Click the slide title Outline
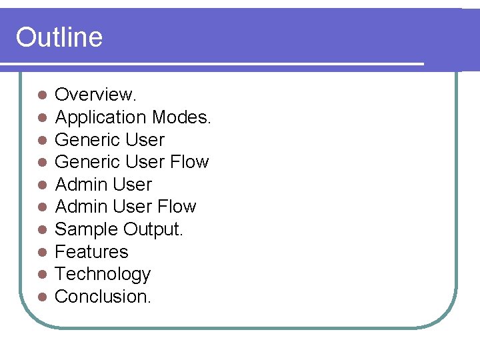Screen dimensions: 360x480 coord(59,37)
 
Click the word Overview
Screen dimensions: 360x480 coord(95,95)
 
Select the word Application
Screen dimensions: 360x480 coord(101,117)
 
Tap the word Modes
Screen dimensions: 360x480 coord(181,117)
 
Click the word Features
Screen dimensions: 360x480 coord(91,252)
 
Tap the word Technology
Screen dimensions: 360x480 coord(103,274)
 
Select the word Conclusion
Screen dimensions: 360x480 coord(103,297)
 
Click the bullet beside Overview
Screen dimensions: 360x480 coord(42,95)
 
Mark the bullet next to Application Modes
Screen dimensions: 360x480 coord(42,118)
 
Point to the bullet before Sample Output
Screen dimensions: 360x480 coord(42,230)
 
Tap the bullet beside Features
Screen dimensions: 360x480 coord(42,253)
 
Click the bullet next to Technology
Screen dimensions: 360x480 coord(42,275)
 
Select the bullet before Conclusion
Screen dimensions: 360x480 coord(42,297)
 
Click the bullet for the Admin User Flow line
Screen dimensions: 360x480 coord(42,207)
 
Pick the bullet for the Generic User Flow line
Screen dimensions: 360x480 coord(42,163)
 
